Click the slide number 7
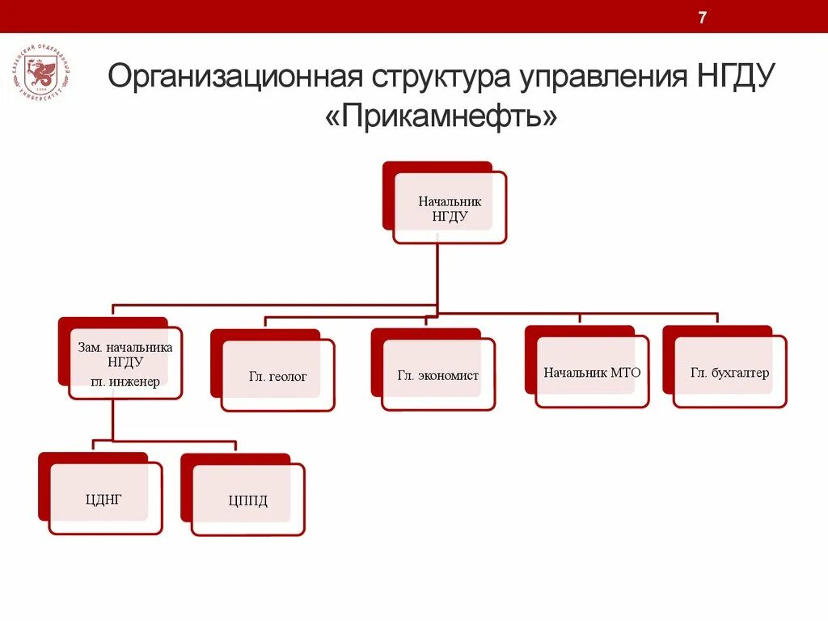[703, 18]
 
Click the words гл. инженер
[125, 381]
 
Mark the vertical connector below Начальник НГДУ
[437, 275]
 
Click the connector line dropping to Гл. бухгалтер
[717, 319]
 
